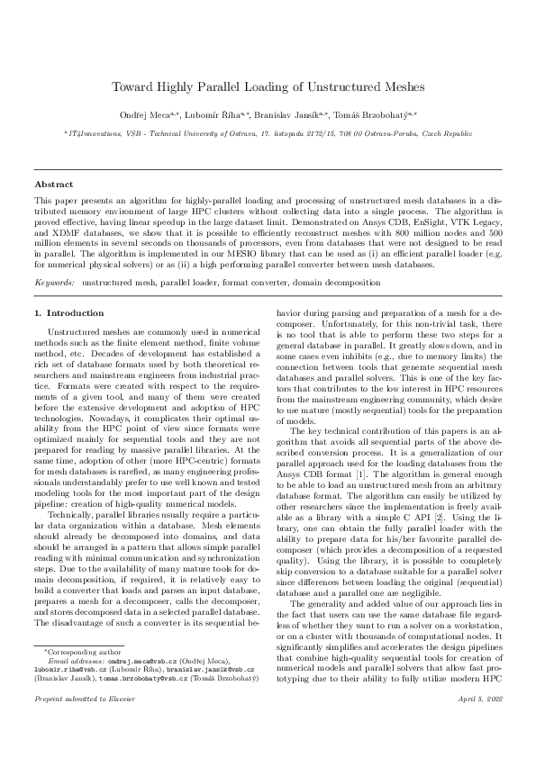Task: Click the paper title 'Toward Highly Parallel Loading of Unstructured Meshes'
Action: [x=268, y=86]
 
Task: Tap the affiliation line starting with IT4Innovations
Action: [x=268, y=132]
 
